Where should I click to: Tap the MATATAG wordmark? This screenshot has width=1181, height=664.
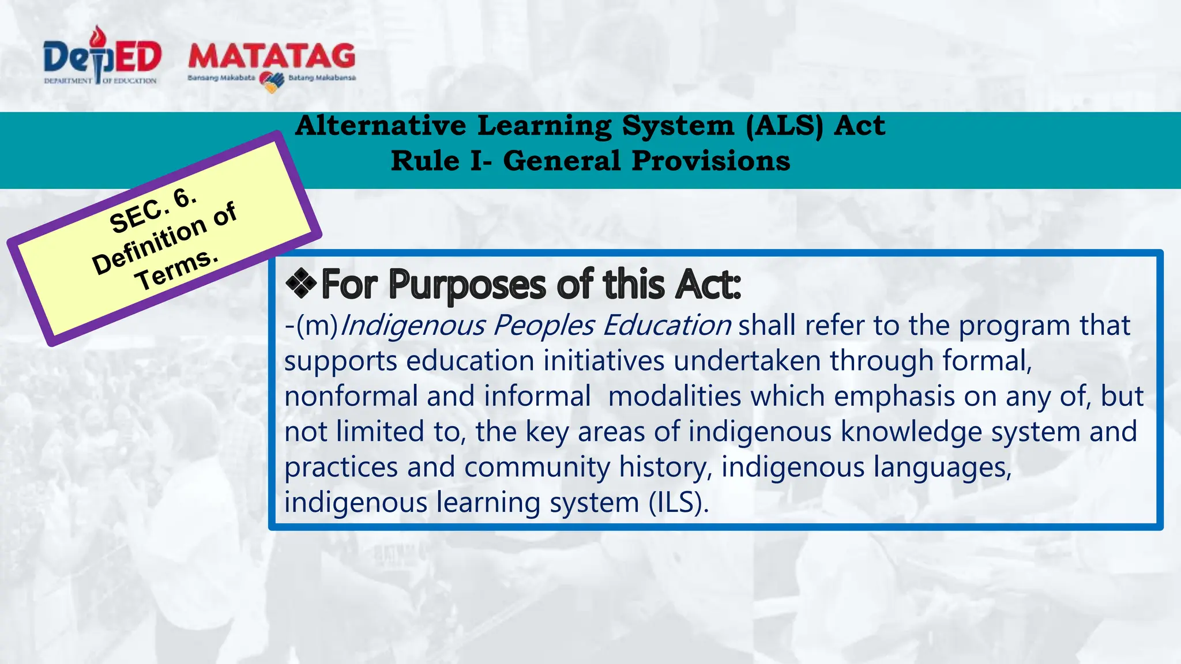272,56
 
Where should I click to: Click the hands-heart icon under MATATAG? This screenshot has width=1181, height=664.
272,81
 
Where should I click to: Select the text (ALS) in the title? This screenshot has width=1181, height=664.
784,126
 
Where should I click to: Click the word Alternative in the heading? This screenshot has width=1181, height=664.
381,126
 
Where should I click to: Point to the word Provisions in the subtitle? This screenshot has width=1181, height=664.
710,161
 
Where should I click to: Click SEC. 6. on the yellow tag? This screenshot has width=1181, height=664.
153,211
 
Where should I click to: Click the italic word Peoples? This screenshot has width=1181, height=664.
543,326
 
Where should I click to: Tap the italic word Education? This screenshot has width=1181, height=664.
667,326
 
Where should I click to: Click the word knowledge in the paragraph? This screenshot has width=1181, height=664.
911,432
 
